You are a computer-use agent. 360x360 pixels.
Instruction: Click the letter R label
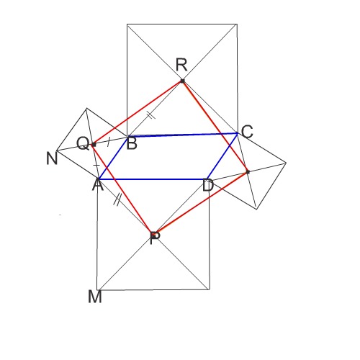coord(181,65)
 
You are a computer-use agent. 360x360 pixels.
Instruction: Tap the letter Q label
coord(83,143)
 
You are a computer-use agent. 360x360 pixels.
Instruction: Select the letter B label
coord(132,143)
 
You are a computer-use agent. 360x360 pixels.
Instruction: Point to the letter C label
coord(247,132)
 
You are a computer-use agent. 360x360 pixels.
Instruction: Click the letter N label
coord(52,158)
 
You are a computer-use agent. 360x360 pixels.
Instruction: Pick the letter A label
coord(98,184)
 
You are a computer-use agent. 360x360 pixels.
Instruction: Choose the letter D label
coord(208,186)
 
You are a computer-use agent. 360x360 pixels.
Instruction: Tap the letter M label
coord(95,297)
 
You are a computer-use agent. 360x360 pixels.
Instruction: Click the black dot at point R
coord(183,81)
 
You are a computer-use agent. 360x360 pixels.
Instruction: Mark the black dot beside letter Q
coord(94,145)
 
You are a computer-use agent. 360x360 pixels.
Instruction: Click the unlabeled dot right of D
coord(248,172)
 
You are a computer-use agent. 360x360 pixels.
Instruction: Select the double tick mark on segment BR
coord(151,115)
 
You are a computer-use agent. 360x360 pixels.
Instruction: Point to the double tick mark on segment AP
coord(117,199)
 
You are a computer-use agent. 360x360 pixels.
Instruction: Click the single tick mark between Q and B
coord(109,142)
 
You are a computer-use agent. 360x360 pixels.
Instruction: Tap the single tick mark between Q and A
coord(96,165)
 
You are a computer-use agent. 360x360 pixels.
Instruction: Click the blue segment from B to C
coord(182,135)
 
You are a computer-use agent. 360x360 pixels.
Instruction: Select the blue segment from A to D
coord(153,179)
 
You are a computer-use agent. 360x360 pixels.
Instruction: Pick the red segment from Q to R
coord(138,112)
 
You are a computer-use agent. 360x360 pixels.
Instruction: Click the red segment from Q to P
coord(122,189)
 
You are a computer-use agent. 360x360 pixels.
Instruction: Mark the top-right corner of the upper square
coord(237,24)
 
